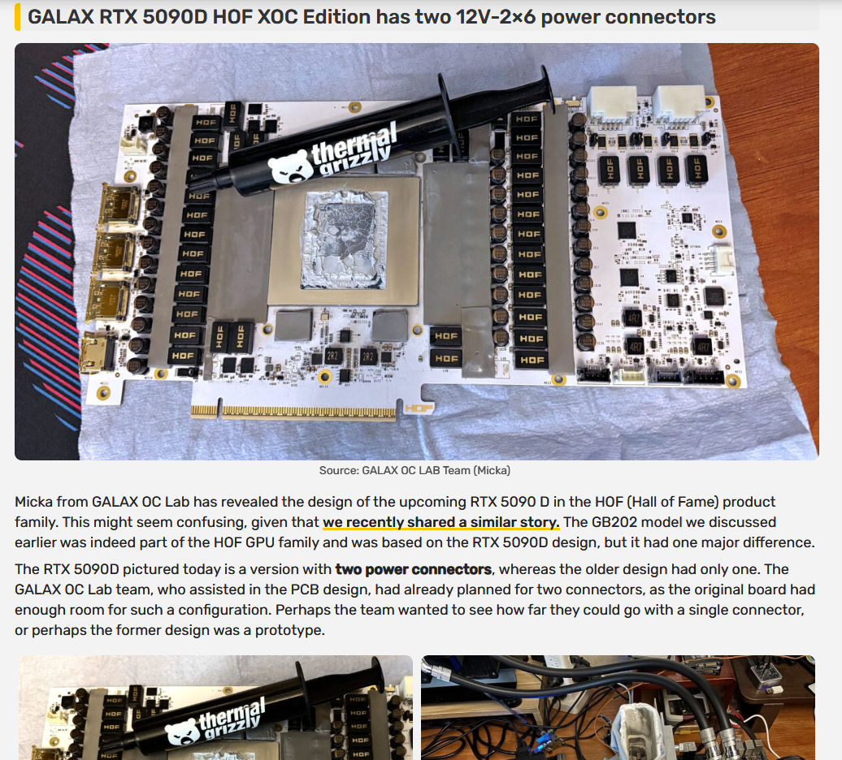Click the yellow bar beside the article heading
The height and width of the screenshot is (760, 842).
click(18, 16)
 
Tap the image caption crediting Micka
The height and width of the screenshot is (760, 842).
click(414, 470)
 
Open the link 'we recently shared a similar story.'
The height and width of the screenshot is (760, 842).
click(441, 522)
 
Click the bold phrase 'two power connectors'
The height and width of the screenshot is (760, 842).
click(414, 569)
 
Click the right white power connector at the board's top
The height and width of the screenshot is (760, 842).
click(679, 103)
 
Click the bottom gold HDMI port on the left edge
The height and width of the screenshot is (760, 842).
click(98, 352)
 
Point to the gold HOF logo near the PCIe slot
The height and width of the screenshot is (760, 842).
click(419, 408)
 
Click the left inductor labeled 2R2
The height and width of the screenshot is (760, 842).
click(333, 356)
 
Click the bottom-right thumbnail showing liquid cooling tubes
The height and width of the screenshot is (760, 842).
click(618, 707)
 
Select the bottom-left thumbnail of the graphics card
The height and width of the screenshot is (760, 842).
click(216, 707)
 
